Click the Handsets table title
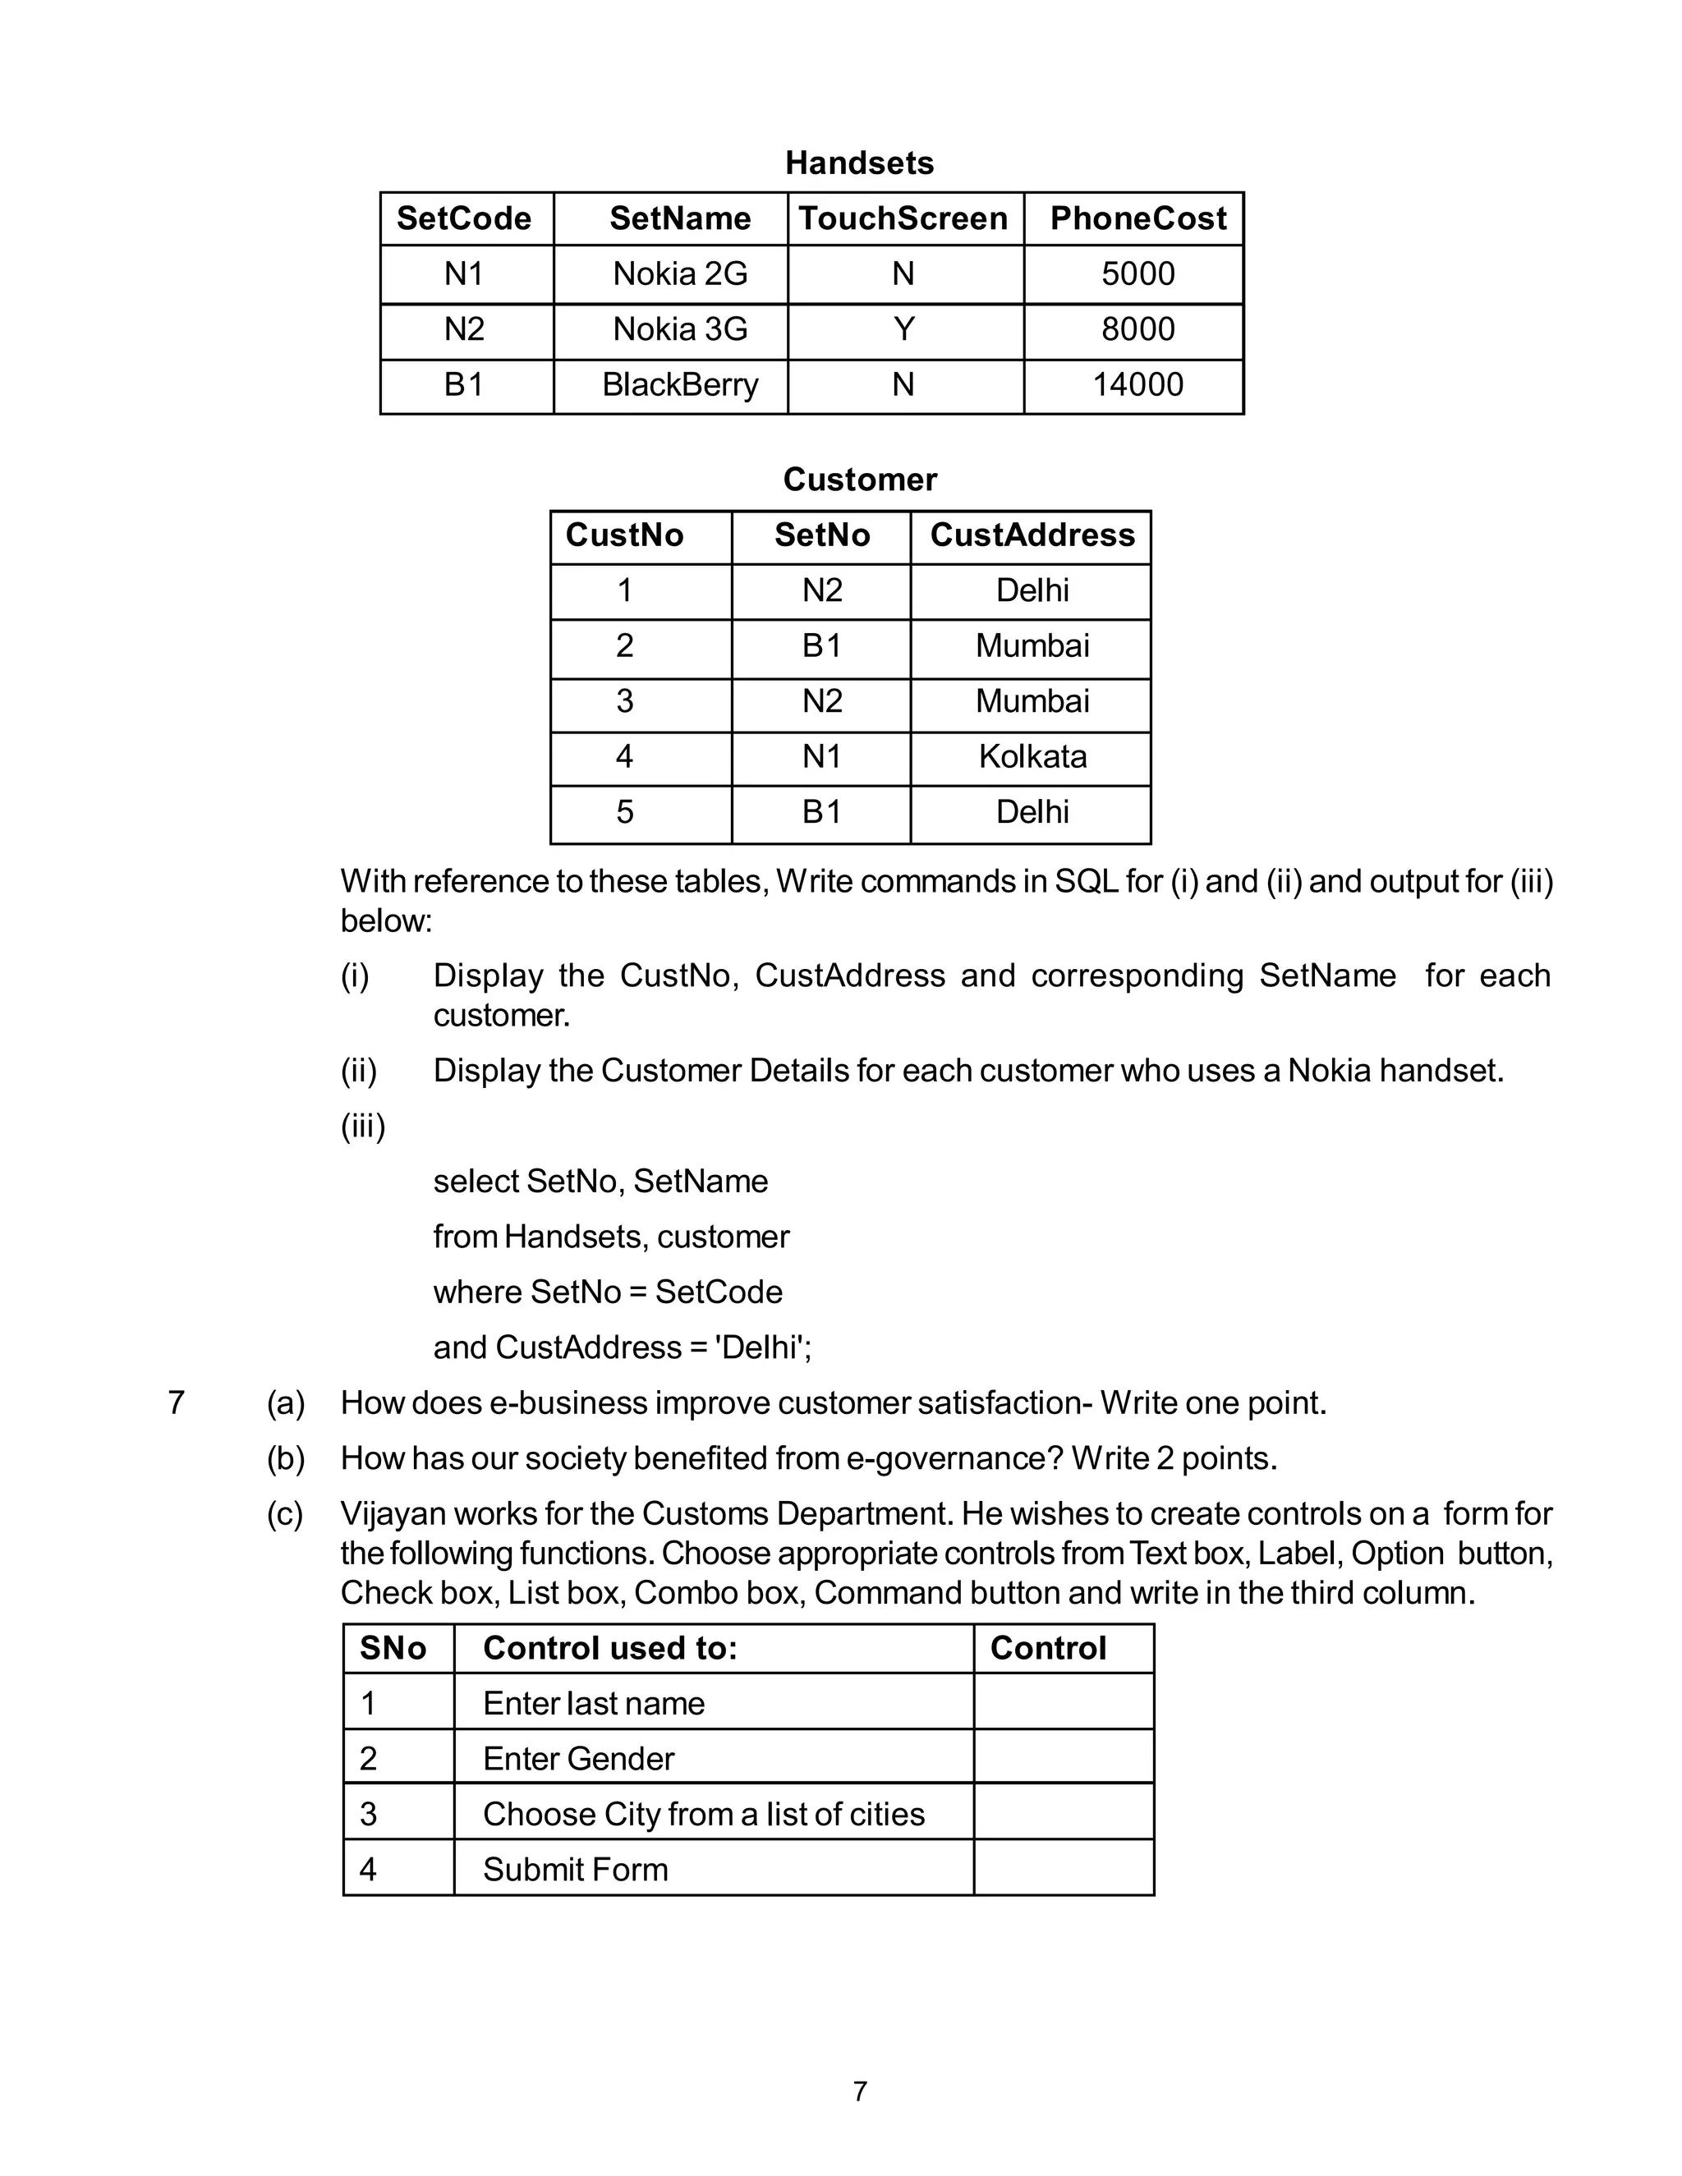[859, 163]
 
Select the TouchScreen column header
[903, 218]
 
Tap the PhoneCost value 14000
[1137, 384]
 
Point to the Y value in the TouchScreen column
[903, 328]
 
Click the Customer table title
[859, 480]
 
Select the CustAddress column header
[1032, 535]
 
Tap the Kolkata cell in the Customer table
[1032, 756]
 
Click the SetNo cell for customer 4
[821, 756]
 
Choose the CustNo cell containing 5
[625, 812]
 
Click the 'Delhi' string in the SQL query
[762, 1347]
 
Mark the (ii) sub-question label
[359, 1071]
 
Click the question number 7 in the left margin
[177, 1402]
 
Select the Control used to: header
[610, 1648]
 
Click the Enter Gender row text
[578, 1759]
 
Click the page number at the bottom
[860, 2091]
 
